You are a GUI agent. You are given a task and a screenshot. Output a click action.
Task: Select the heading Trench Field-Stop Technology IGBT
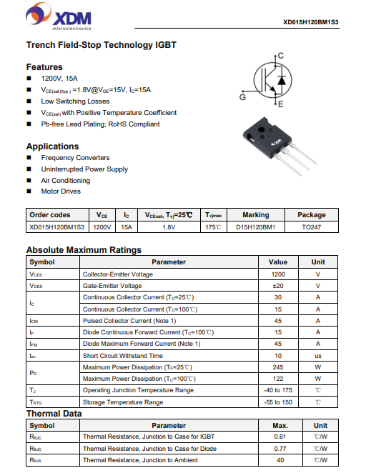(101, 45)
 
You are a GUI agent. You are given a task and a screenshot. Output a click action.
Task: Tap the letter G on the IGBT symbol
(243, 96)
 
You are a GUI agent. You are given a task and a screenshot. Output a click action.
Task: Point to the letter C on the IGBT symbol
(281, 56)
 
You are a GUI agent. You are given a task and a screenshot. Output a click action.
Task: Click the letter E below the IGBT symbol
(281, 104)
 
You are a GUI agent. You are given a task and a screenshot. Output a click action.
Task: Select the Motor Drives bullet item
(61, 191)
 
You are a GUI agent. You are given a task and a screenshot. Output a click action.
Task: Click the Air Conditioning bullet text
(66, 181)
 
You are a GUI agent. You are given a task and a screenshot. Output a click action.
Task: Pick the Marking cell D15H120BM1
(255, 227)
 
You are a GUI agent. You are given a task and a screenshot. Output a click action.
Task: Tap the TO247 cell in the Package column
(311, 227)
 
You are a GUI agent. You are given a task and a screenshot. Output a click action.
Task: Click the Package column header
(311, 215)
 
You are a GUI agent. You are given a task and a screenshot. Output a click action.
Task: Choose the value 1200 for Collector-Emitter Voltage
(278, 274)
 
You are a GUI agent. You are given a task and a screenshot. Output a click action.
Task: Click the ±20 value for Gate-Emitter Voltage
(278, 286)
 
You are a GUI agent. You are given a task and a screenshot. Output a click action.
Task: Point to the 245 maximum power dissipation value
(278, 367)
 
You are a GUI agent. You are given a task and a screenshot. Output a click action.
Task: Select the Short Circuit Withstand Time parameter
(123, 356)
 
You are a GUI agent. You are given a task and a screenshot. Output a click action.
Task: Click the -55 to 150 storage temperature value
(278, 402)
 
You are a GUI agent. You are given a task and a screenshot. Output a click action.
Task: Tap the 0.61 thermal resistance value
(280, 437)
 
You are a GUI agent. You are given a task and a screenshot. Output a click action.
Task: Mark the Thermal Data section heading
(54, 414)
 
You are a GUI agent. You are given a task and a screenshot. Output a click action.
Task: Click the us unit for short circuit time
(318, 356)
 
